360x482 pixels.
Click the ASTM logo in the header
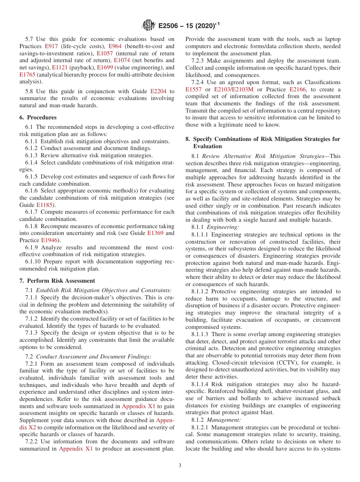point(148,26)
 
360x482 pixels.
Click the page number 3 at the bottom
point(180,465)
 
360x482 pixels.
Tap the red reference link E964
point(114,46)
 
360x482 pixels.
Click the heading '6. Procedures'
point(38,117)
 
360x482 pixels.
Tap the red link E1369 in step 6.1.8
point(155,233)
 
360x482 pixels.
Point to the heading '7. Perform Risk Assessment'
point(57,281)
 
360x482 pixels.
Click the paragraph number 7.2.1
point(33,364)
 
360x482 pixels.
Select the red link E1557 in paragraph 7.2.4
point(194,89)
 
